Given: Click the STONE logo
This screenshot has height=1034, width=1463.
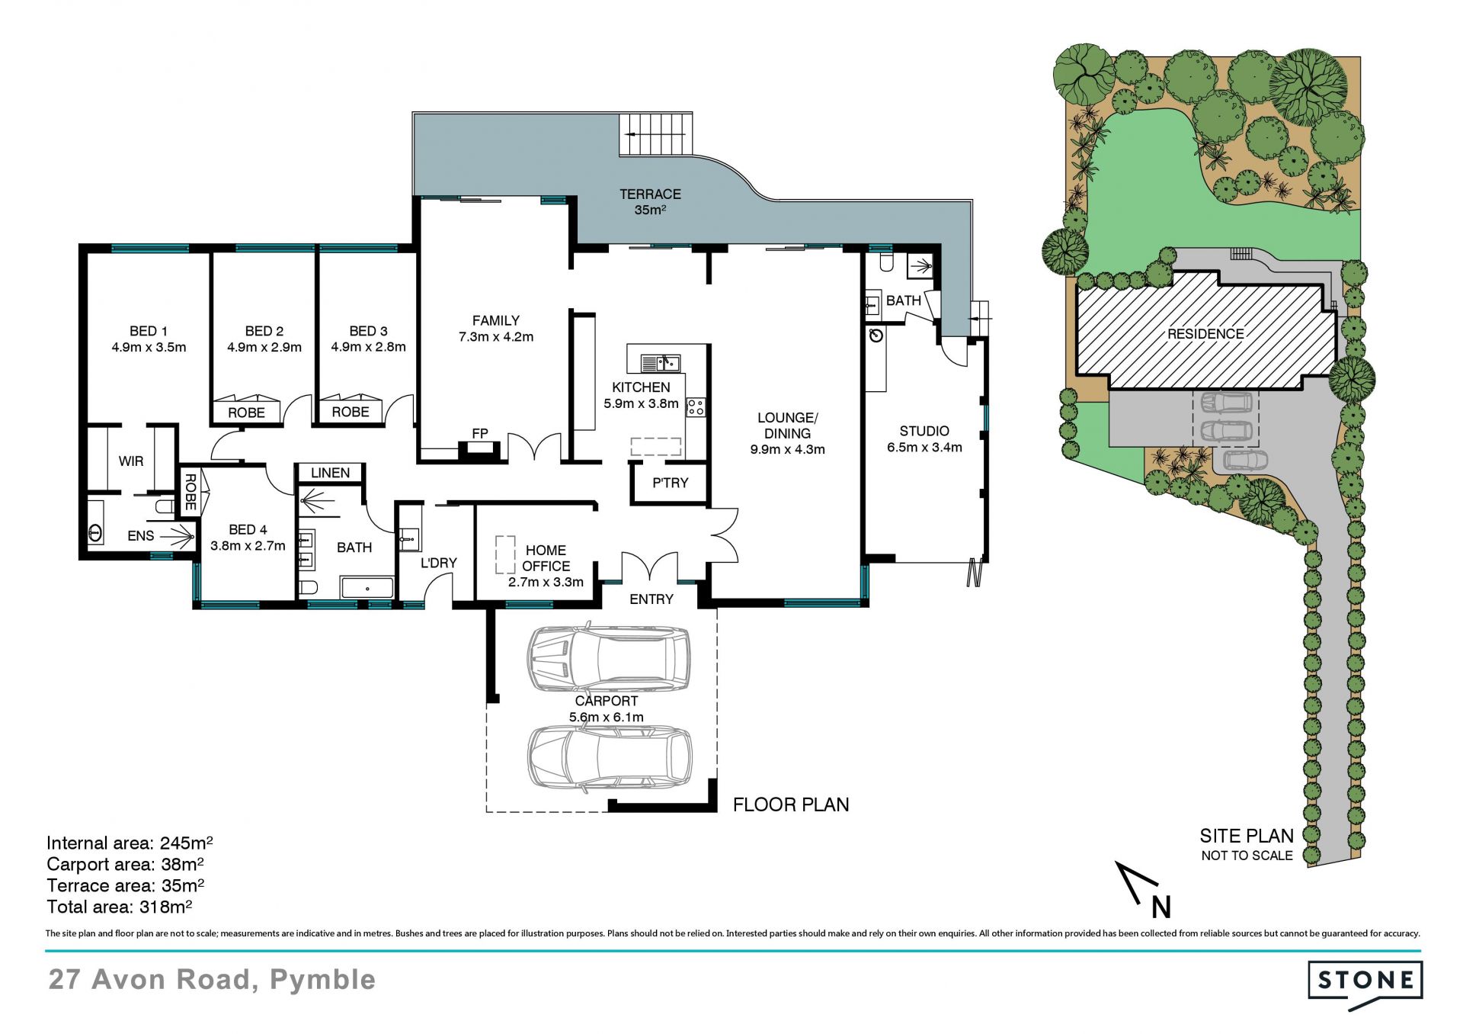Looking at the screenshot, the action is (1365, 984).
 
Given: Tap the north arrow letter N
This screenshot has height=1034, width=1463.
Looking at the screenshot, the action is (1160, 907).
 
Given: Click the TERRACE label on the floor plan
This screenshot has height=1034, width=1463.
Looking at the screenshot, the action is (650, 194).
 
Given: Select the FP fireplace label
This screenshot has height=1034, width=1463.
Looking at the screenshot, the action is (480, 433).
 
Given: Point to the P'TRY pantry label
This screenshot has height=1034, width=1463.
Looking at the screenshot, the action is (670, 483).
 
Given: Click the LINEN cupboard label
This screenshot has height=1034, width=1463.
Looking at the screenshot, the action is (330, 473).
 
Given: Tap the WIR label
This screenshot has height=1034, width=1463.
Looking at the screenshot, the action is (131, 461).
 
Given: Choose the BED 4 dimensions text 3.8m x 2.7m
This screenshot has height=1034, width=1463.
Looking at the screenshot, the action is (248, 546).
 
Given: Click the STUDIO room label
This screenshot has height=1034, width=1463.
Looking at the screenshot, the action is (924, 431).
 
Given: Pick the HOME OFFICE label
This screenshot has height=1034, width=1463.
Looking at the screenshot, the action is (546, 558).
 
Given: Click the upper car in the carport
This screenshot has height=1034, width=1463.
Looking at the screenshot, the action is (608, 657).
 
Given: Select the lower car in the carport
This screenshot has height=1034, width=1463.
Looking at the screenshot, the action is (610, 758).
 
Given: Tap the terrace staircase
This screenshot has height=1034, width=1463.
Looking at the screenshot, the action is (656, 134).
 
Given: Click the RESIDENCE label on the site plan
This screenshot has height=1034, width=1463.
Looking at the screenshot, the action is (1205, 334).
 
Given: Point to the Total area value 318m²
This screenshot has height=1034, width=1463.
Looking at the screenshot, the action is (165, 907).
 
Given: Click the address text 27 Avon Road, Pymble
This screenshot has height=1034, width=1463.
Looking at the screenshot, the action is (212, 980).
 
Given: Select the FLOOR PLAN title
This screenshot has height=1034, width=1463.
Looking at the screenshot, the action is (791, 804).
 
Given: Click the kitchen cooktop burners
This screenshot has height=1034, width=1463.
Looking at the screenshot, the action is (696, 406).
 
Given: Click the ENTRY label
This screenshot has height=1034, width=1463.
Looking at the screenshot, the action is (651, 599).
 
